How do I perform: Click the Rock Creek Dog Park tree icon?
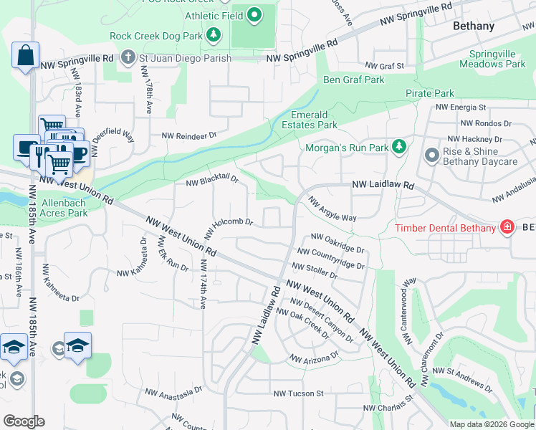tap(213, 34)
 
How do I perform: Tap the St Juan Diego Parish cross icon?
tap(128, 57)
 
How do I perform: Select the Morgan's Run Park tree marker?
tap(399, 148)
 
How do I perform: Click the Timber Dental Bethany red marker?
tap(507, 228)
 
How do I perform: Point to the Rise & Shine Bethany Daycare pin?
tap(431, 156)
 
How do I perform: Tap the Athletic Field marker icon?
tap(254, 14)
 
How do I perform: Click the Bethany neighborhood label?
tap(474, 26)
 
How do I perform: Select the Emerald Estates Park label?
tap(309, 120)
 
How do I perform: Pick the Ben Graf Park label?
tap(354, 80)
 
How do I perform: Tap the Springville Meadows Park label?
tap(497, 59)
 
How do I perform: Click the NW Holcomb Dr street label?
tap(229, 229)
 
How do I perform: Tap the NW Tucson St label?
tap(299, 393)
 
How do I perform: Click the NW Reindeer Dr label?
tap(188, 135)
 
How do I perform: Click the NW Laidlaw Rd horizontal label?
tap(383, 185)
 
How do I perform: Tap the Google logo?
tap(24, 421)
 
